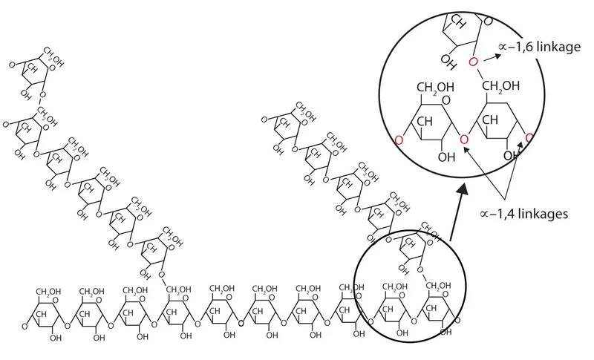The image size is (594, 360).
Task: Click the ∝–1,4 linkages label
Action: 523,215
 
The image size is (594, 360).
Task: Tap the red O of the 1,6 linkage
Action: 472,60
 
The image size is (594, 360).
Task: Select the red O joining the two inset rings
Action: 464,140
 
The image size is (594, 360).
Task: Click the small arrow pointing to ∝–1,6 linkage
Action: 489,55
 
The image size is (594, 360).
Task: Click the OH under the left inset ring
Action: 446,157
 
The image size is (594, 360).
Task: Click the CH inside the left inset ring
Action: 425,121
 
